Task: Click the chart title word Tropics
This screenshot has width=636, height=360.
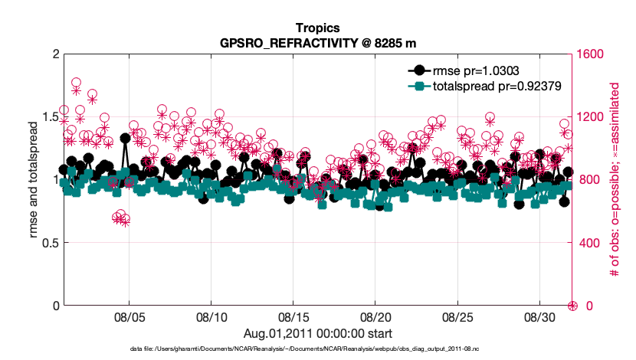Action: point(317,28)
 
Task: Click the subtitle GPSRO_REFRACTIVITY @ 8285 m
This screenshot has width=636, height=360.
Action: point(317,42)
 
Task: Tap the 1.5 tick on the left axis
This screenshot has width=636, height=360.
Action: point(50,117)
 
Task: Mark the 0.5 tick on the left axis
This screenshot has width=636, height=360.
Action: point(50,243)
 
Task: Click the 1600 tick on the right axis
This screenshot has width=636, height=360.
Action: point(591,54)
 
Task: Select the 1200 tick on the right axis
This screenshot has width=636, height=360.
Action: point(591,117)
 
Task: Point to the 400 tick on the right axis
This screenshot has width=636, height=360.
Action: point(588,243)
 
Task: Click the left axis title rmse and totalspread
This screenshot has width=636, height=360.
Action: point(33,180)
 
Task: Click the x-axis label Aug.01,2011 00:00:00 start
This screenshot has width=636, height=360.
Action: point(317,333)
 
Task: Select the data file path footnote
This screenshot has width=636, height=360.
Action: point(317,349)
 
